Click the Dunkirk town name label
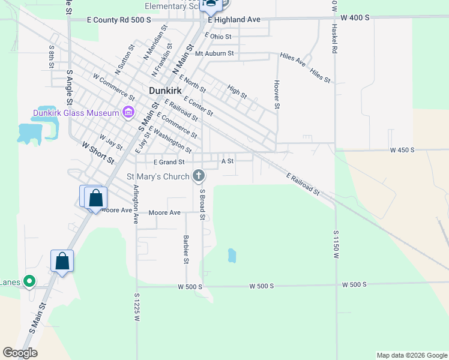[164, 91]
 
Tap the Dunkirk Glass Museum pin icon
[128, 112]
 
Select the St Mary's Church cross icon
[199, 176]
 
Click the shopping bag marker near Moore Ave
[95, 197]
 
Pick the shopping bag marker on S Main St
[62, 261]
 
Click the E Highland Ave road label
[234, 20]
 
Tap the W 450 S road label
[402, 150]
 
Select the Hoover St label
[277, 95]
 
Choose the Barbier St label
[186, 248]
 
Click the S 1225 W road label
[137, 307]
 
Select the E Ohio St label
[217, 37]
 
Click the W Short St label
[98, 152]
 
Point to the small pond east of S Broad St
[231, 256]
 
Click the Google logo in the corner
[20, 353]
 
